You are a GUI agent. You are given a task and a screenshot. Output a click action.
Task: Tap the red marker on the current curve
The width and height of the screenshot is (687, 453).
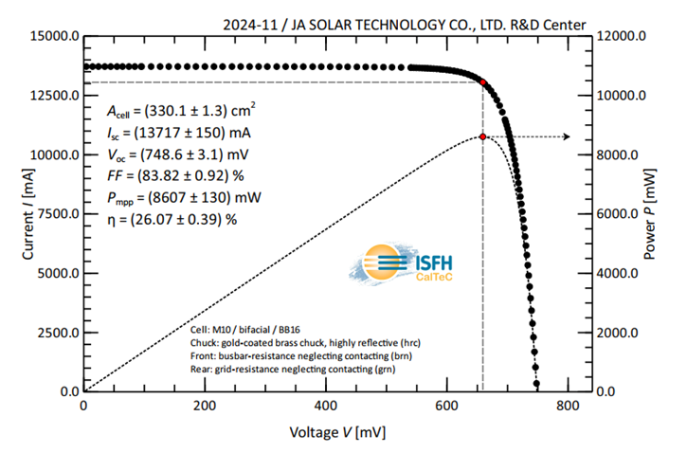(x=483, y=82)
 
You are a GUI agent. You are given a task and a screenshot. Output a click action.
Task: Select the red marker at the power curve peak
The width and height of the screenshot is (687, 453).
(x=483, y=136)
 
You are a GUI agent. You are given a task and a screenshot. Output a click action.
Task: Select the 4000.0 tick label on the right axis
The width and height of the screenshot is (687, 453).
(x=624, y=273)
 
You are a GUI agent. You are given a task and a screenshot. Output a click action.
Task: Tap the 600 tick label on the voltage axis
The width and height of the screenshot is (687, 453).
(x=446, y=407)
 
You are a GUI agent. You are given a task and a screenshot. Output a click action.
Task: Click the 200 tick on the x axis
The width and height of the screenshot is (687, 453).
(x=205, y=407)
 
